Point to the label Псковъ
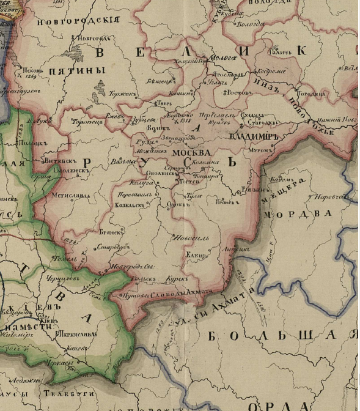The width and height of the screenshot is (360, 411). (x=31, y=68)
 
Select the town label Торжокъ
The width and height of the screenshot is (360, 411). (x=123, y=94)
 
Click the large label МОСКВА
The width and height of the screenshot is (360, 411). (x=191, y=152)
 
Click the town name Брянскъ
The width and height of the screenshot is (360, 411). (x=111, y=232)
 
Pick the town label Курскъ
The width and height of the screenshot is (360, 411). (x=177, y=278)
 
